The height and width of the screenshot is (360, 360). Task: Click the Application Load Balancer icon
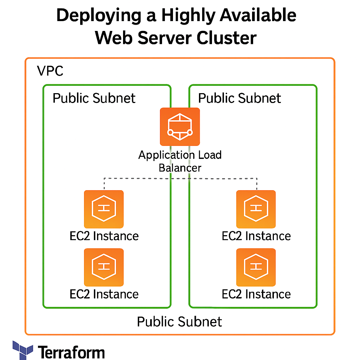tap(180, 127)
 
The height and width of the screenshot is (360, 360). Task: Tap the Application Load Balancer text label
tap(180, 161)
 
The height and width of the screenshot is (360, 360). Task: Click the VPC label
tap(50, 71)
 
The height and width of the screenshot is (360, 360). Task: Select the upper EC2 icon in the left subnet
tap(104, 209)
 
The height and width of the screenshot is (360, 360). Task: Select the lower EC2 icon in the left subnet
tap(104, 267)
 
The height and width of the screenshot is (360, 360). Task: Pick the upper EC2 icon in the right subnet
tap(256, 209)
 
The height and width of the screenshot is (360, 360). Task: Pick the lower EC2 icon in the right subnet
tap(256, 267)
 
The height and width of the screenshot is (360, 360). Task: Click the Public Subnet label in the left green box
tap(94, 98)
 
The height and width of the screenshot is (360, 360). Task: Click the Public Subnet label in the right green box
tap(239, 98)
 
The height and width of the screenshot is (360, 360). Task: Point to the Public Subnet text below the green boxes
tap(179, 322)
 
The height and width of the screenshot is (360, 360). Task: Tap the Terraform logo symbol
tap(23, 350)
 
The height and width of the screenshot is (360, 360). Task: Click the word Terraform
tap(71, 352)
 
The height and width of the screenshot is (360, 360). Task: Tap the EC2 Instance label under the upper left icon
tap(104, 236)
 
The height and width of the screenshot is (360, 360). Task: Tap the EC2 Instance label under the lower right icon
tap(256, 294)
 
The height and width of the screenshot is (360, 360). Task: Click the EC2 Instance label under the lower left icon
tap(104, 294)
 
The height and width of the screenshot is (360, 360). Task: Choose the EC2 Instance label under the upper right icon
tap(256, 236)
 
